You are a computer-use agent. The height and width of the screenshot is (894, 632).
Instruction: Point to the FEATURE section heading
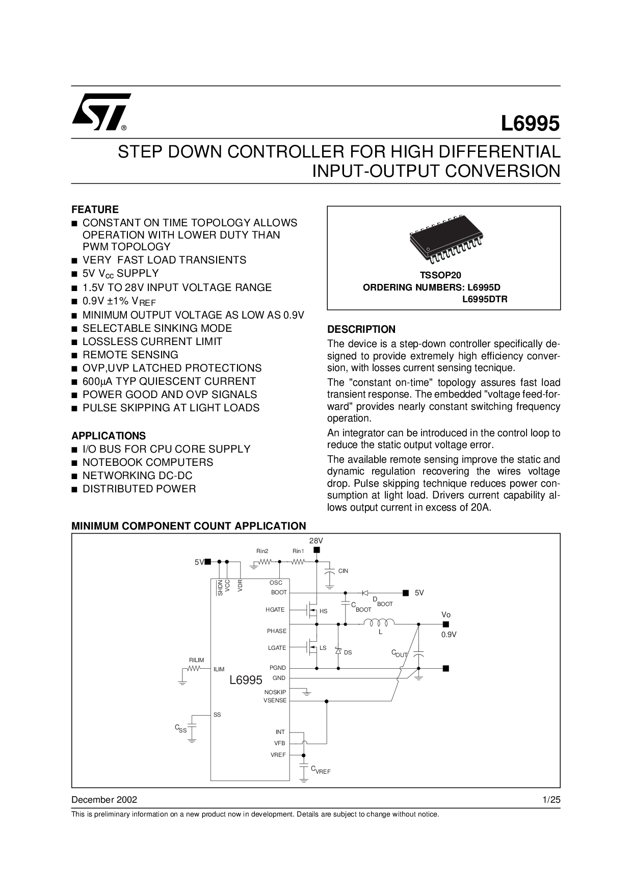[x=95, y=209]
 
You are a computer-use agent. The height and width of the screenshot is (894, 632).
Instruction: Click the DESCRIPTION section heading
[x=361, y=329]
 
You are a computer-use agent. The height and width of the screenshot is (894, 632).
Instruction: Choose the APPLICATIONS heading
[x=109, y=436]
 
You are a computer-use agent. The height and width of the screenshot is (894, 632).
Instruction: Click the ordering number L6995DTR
[x=485, y=300]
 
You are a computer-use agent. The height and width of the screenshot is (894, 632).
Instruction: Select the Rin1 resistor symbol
[x=298, y=562]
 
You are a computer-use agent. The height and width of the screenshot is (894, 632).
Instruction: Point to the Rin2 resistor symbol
[x=265, y=562]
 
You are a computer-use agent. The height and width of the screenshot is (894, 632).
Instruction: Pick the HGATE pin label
[x=275, y=610]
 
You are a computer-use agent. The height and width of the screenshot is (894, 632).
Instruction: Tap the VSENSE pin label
[x=275, y=700]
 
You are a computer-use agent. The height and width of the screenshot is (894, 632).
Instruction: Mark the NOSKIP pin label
[x=275, y=692]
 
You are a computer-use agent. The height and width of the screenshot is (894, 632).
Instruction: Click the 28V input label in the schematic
[x=316, y=540]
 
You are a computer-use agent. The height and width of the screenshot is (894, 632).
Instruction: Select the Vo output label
[x=446, y=615]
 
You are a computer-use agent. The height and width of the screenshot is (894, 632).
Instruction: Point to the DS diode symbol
[x=337, y=651]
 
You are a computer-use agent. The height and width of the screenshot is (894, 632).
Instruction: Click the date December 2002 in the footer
[x=104, y=799]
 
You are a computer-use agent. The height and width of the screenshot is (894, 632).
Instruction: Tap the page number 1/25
[x=551, y=799]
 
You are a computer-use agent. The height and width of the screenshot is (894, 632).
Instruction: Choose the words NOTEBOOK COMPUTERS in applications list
[x=148, y=462]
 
